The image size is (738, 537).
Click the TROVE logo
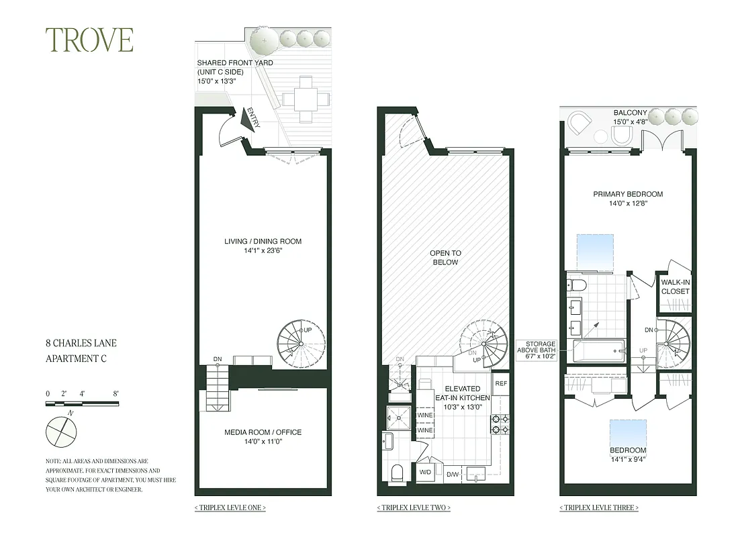(89, 40)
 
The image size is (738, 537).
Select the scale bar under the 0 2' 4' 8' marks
(82, 403)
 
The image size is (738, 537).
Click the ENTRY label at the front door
(253, 117)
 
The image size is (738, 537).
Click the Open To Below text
(445, 258)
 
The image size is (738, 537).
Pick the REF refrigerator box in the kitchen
(500, 384)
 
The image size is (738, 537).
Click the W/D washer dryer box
(425, 472)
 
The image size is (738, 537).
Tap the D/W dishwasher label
(453, 475)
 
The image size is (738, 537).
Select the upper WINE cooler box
(425, 415)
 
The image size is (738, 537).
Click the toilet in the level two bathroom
(396, 472)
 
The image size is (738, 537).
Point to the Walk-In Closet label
(676, 287)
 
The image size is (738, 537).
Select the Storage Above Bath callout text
(535, 349)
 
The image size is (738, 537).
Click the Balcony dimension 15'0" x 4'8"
(629, 122)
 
